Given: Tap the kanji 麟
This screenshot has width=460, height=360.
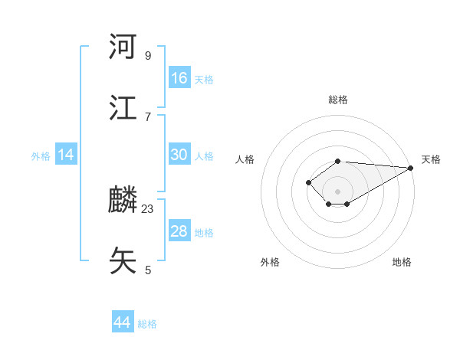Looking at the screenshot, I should (123, 201).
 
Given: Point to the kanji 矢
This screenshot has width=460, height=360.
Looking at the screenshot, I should (123, 260).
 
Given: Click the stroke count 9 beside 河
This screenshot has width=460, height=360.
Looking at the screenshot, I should (147, 55).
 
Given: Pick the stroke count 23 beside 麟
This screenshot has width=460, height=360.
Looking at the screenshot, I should (148, 208).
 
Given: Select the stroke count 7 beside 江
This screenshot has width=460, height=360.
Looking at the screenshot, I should (147, 116).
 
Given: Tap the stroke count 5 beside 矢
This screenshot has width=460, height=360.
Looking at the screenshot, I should (147, 270).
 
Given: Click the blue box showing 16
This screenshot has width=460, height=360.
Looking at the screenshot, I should (179, 78).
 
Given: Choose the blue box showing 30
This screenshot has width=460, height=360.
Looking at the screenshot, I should (179, 155).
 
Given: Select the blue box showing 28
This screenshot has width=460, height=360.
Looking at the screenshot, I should (179, 231).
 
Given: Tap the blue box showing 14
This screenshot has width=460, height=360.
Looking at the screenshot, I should (66, 155).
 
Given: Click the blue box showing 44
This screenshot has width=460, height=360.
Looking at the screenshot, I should (123, 322).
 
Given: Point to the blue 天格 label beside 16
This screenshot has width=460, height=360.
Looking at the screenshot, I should (204, 80).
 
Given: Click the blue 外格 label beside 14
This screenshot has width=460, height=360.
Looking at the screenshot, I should (41, 156).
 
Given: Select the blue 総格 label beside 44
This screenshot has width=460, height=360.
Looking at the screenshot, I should (147, 324).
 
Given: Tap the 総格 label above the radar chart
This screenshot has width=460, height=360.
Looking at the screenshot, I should (337, 100).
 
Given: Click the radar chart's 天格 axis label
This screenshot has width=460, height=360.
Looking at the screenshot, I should (431, 159).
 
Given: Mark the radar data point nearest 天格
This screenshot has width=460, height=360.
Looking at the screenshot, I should (411, 168).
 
